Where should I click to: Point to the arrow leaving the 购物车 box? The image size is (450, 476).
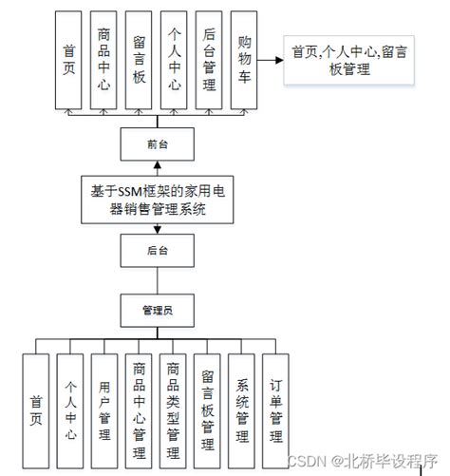[272, 60]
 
